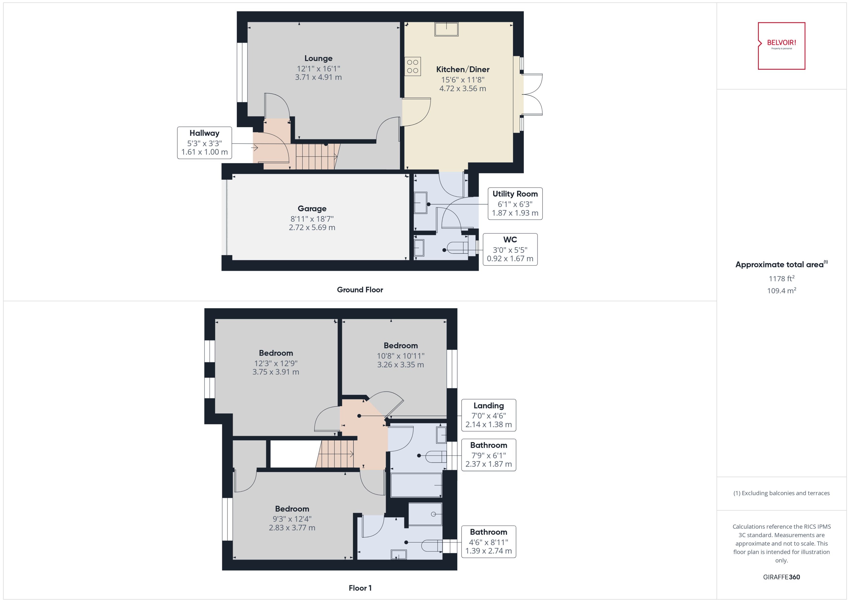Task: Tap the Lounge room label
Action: [318, 58]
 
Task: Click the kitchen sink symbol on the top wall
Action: [446, 29]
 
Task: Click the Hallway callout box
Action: [204, 143]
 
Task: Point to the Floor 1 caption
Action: [360, 588]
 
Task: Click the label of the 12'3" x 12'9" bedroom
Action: [276, 353]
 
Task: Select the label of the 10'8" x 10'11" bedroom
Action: [400, 346]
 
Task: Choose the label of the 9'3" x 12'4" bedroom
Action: [292, 509]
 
